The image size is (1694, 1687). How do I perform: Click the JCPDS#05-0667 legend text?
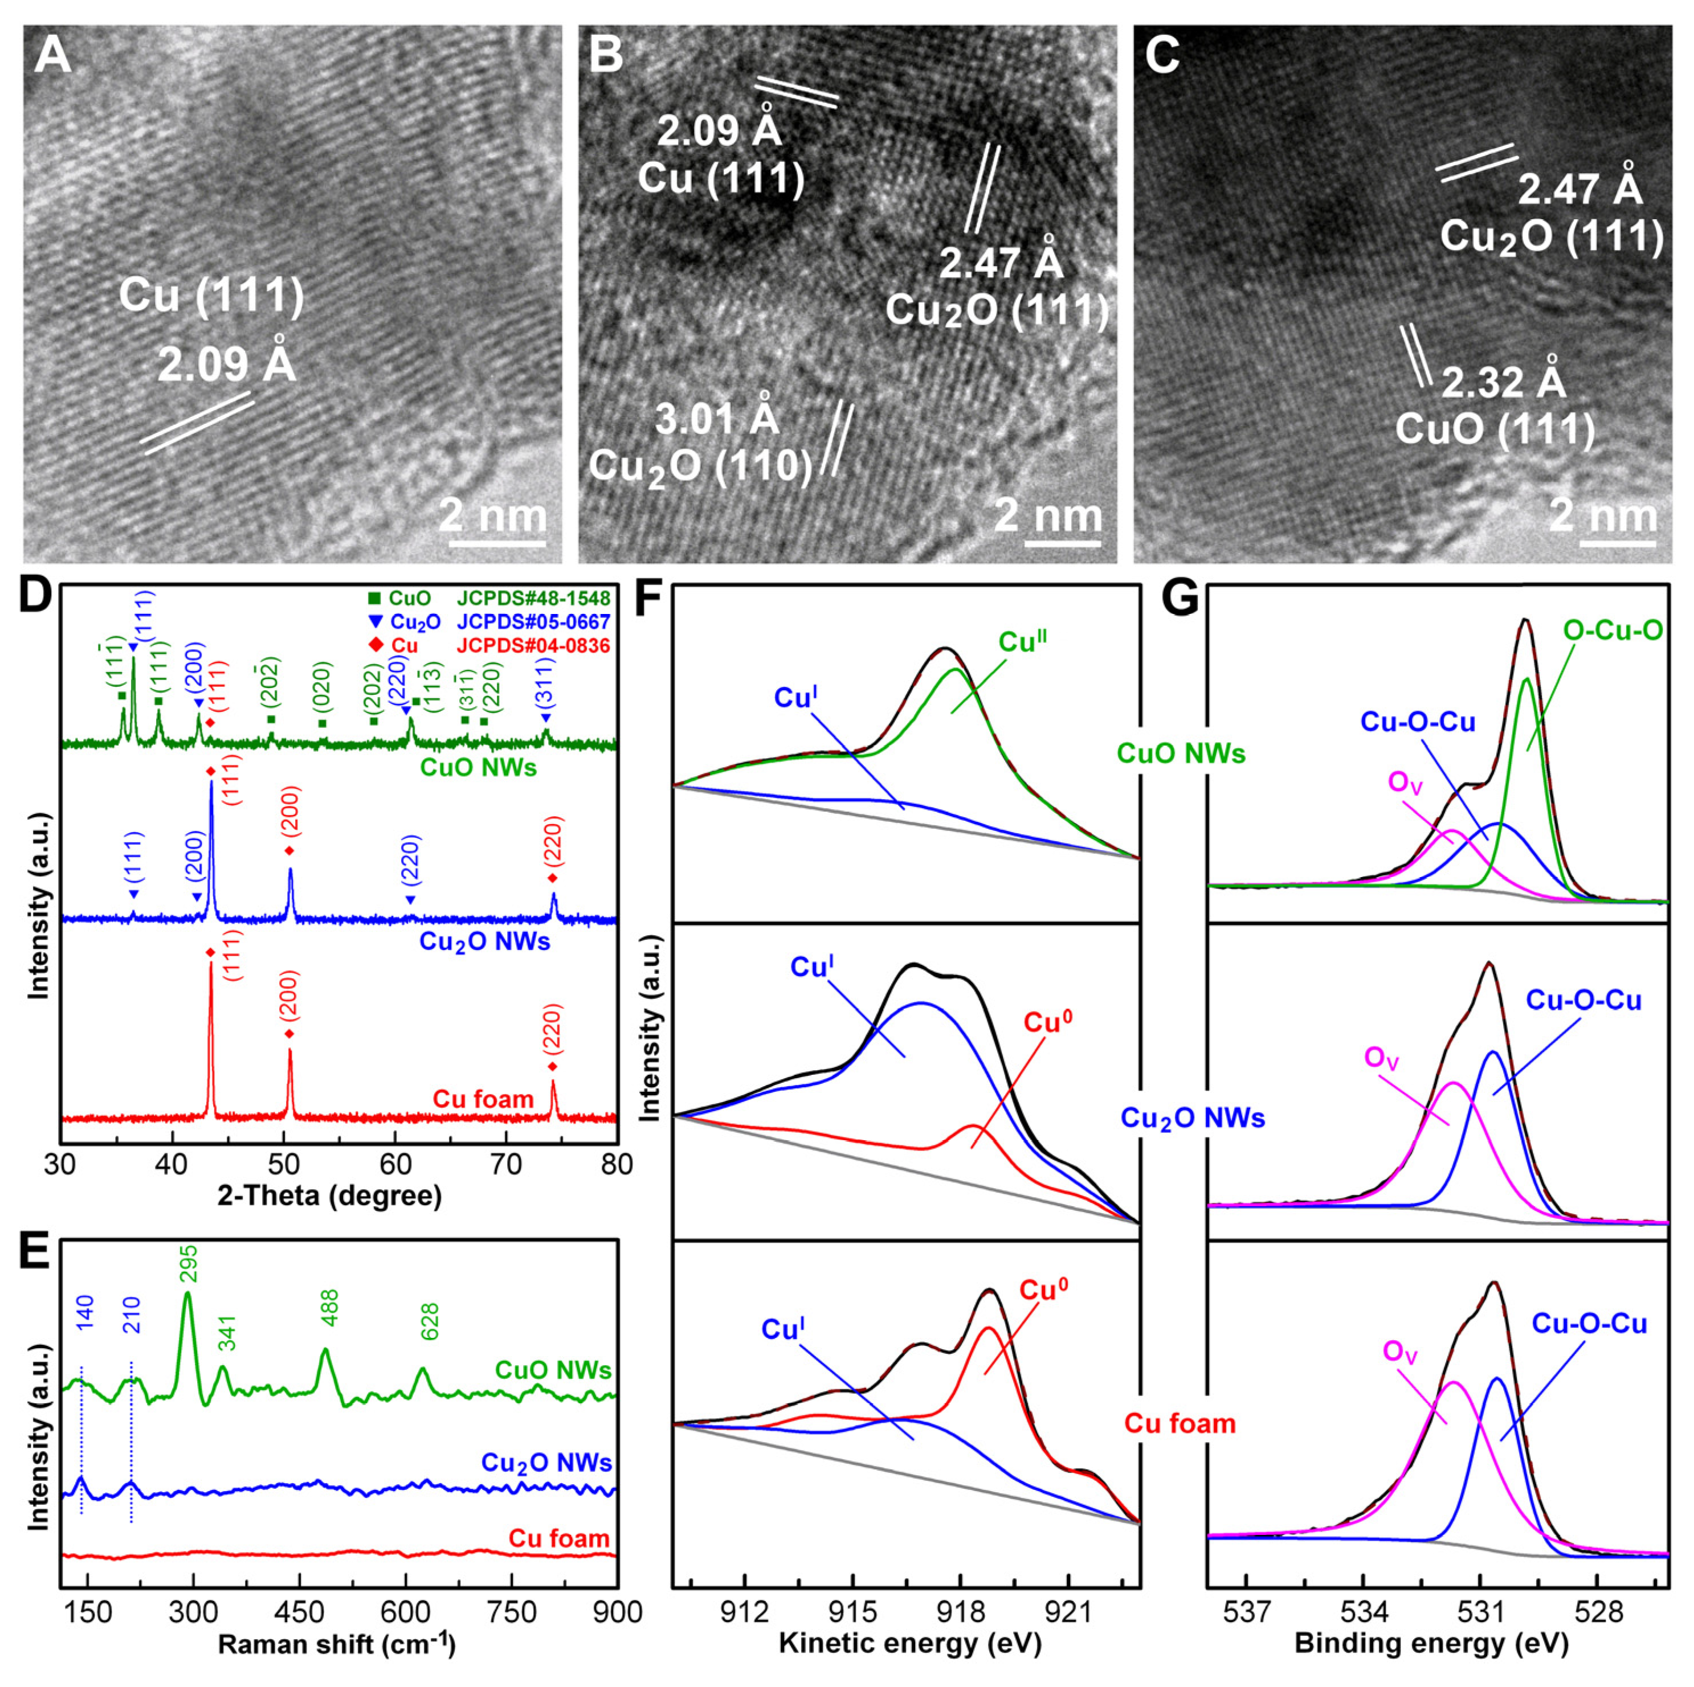[533, 621]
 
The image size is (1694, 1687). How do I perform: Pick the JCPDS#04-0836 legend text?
[533, 646]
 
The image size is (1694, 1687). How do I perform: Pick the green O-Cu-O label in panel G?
[1613, 629]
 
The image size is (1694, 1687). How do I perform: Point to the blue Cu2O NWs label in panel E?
[546, 1462]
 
